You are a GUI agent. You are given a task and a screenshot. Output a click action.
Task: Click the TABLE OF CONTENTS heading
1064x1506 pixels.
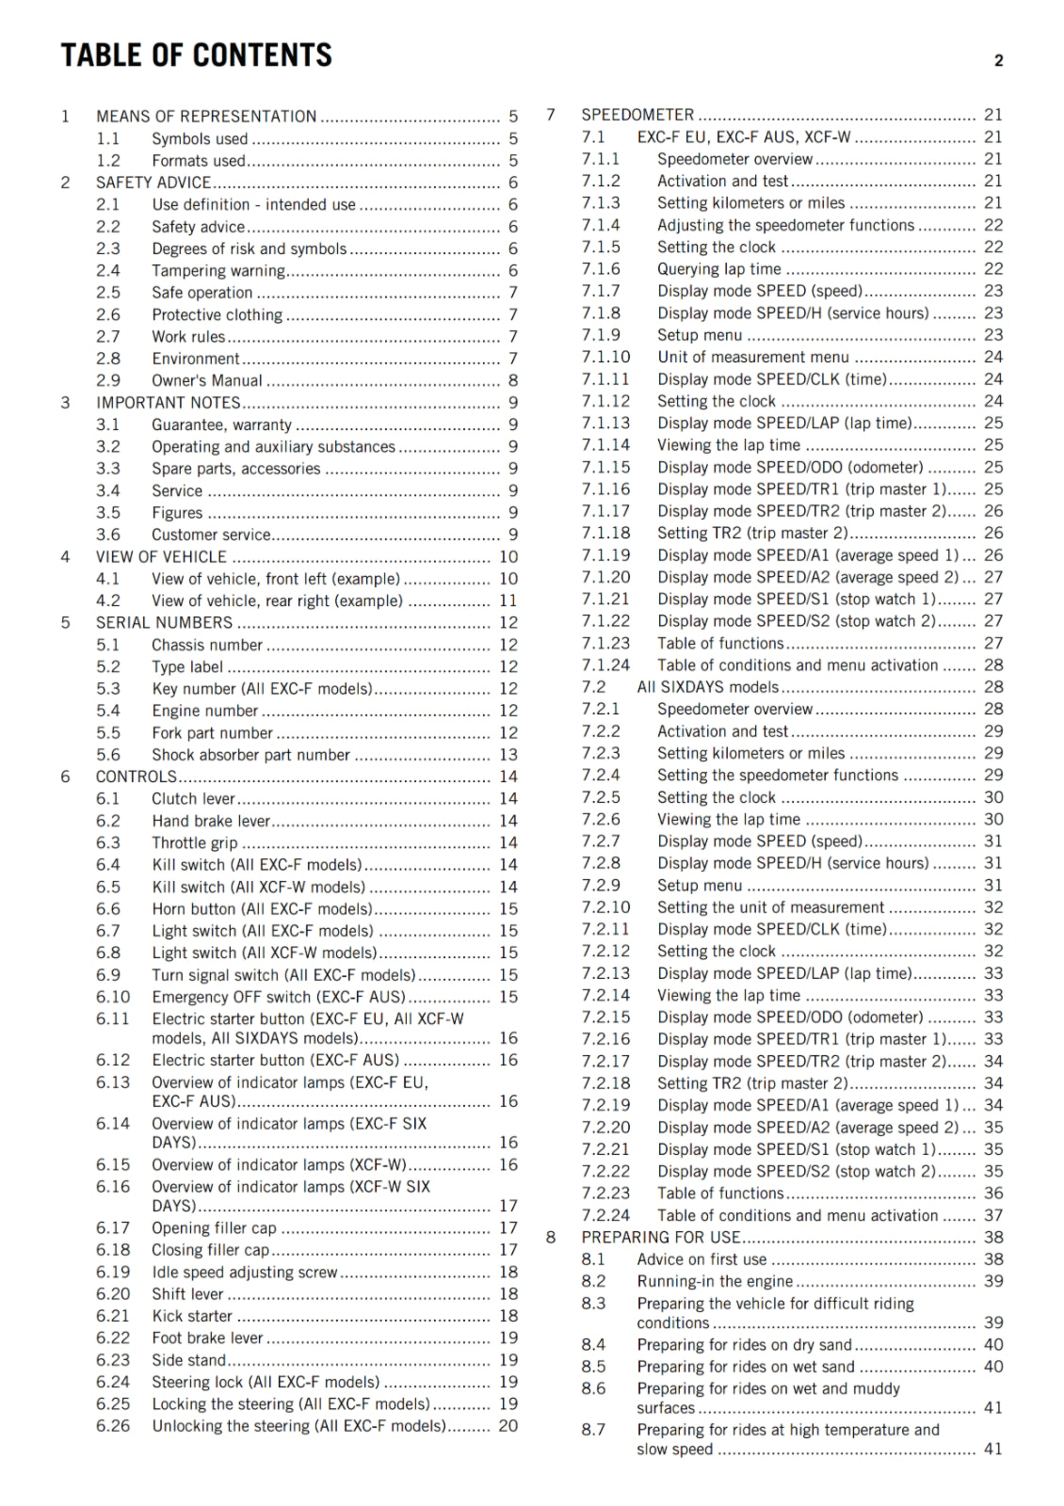pyautogui.click(x=196, y=56)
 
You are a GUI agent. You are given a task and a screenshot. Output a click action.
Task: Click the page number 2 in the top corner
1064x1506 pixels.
pyautogui.click(x=998, y=61)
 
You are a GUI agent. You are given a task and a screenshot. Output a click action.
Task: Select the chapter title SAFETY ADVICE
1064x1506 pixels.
pyautogui.click(x=153, y=183)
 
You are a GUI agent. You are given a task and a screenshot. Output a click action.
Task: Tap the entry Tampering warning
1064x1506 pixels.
pyautogui.click(x=218, y=271)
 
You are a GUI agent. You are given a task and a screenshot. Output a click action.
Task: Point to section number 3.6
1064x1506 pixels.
pyautogui.click(x=108, y=535)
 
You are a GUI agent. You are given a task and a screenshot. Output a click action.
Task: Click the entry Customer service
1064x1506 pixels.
pyautogui.click(x=211, y=535)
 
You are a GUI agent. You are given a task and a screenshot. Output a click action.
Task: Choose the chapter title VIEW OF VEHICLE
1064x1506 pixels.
pyautogui.click(x=161, y=557)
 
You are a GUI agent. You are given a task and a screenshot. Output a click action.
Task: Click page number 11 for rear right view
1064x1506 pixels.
pyautogui.click(x=508, y=601)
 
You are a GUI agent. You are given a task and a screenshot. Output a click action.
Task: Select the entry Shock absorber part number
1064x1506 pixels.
pyautogui.click(x=250, y=755)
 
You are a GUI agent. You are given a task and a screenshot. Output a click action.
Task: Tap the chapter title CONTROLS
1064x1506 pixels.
pyautogui.click(x=137, y=777)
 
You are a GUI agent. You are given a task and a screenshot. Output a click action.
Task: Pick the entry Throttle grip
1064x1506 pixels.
pyautogui.click(x=195, y=843)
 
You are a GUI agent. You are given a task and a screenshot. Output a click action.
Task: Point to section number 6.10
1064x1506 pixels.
pyautogui.click(x=113, y=997)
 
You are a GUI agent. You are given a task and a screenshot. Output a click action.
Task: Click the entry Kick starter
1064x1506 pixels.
pyautogui.click(x=192, y=1316)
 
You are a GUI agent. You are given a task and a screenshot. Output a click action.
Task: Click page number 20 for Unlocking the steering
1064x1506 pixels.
pyautogui.click(x=508, y=1426)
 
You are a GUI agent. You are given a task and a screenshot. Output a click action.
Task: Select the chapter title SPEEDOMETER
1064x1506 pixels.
pyautogui.click(x=637, y=115)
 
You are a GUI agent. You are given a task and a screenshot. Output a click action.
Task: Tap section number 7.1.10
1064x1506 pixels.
pyautogui.click(x=605, y=357)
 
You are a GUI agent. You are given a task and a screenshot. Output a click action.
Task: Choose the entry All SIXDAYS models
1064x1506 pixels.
pyautogui.click(x=708, y=687)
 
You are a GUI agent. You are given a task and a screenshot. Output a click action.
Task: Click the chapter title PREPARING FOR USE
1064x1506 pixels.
pyautogui.click(x=661, y=1238)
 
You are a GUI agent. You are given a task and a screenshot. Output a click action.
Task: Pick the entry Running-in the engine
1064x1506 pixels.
pyautogui.click(x=715, y=1281)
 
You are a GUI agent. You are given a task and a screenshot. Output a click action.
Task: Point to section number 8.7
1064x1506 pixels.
pyautogui.click(x=593, y=1430)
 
